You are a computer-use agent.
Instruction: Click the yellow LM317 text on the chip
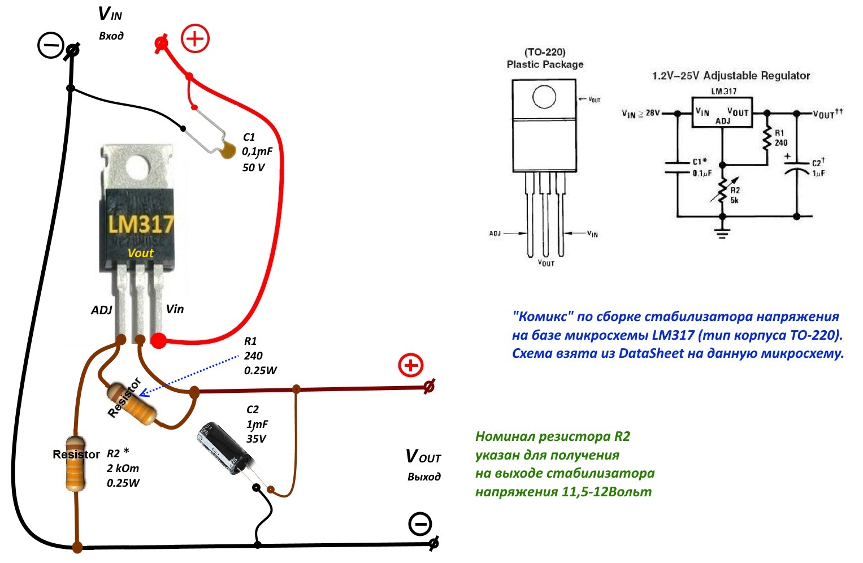[x=141, y=224]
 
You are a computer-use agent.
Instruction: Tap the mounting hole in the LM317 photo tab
[x=137, y=167]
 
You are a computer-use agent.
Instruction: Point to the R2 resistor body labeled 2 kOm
[x=76, y=464]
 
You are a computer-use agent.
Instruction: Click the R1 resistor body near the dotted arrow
[x=132, y=404]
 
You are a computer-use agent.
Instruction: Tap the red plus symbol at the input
[x=195, y=38]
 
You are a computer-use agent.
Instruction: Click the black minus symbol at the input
[x=50, y=45]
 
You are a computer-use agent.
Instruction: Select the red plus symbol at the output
[x=411, y=365]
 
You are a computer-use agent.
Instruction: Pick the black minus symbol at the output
[x=420, y=523]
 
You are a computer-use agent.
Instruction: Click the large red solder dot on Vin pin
[x=158, y=341]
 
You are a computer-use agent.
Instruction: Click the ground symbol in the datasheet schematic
[x=722, y=232]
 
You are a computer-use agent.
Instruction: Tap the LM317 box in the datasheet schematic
[x=722, y=112]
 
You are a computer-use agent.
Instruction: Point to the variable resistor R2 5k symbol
[x=723, y=190]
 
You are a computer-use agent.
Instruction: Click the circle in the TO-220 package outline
[x=544, y=96]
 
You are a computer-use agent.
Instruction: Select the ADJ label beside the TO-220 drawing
[x=495, y=233]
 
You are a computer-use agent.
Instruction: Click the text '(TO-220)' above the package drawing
[x=545, y=52]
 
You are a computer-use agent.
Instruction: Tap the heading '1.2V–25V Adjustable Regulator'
[x=731, y=76]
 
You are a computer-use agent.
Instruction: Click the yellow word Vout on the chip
[x=140, y=253]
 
